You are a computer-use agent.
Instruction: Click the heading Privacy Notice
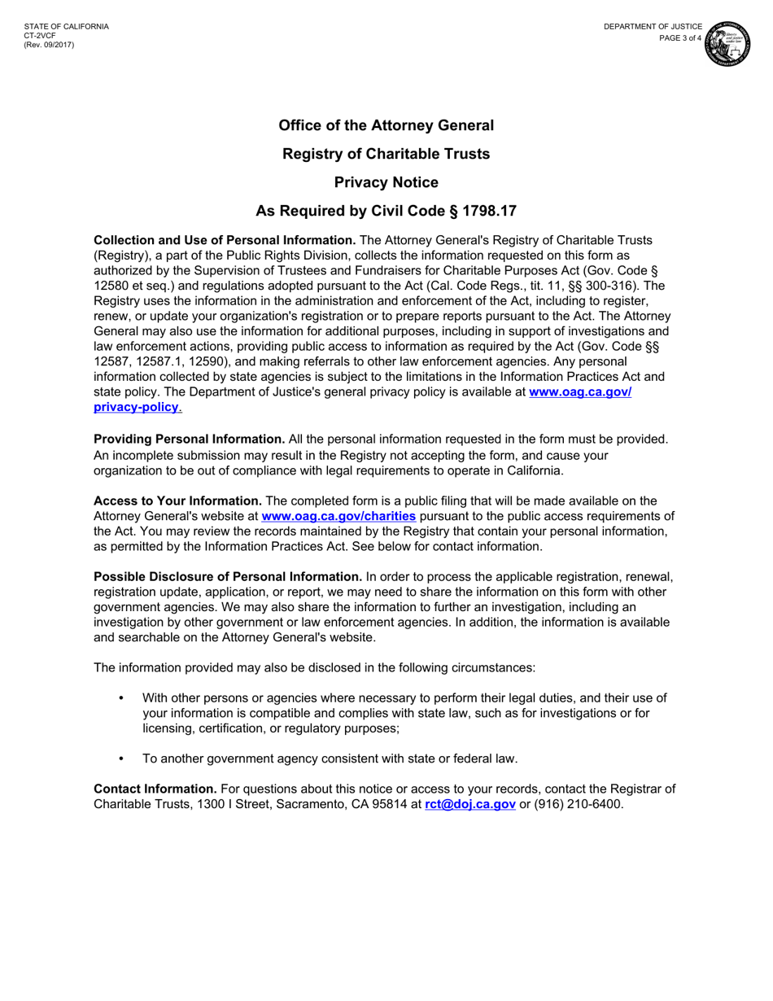[x=386, y=182]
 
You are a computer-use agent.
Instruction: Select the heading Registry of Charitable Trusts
[x=386, y=154]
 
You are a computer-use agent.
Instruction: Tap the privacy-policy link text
[x=136, y=407]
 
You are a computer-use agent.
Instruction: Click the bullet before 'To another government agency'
[x=121, y=758]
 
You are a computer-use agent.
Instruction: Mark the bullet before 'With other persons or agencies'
[x=121, y=698]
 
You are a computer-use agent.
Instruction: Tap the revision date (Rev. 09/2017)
[x=49, y=45]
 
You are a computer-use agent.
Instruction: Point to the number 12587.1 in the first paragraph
[x=163, y=361]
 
